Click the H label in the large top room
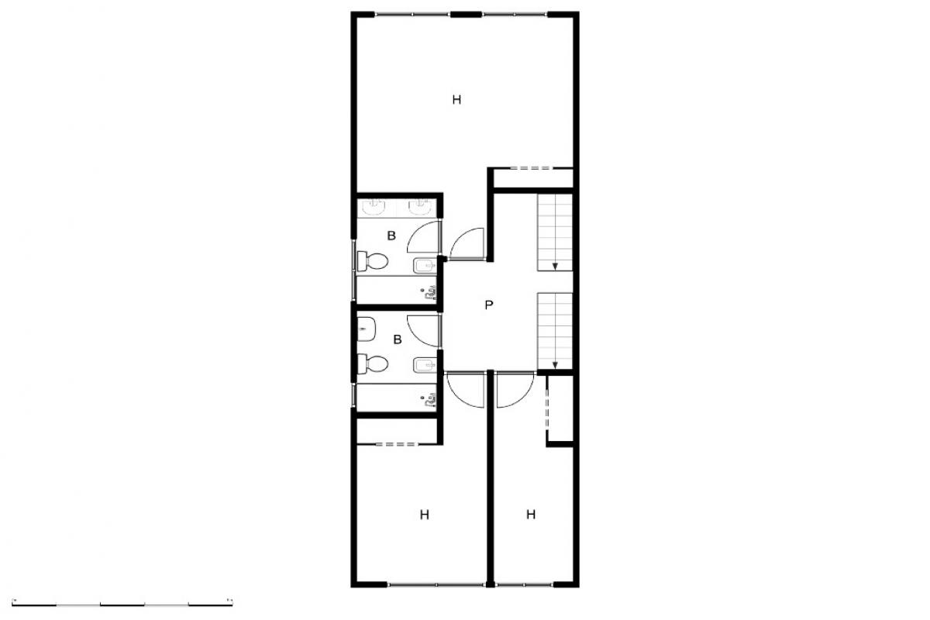pyautogui.click(x=456, y=100)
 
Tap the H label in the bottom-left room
pyautogui.click(x=424, y=515)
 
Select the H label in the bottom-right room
pyautogui.click(x=531, y=515)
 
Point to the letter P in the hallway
pyautogui.click(x=489, y=305)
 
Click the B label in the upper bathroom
pyautogui.click(x=391, y=236)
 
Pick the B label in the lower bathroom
pyautogui.click(x=398, y=339)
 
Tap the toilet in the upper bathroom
pyautogui.click(x=373, y=261)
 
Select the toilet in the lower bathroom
pyautogui.click(x=373, y=364)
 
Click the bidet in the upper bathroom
pyautogui.click(x=425, y=265)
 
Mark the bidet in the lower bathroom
pyautogui.click(x=425, y=365)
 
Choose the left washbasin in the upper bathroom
pyautogui.click(x=374, y=207)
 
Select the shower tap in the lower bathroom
pyautogui.click(x=429, y=401)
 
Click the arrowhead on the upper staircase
pyautogui.click(x=555, y=266)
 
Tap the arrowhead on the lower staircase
pyautogui.click(x=555, y=366)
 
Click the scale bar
pyautogui.click(x=122, y=604)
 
